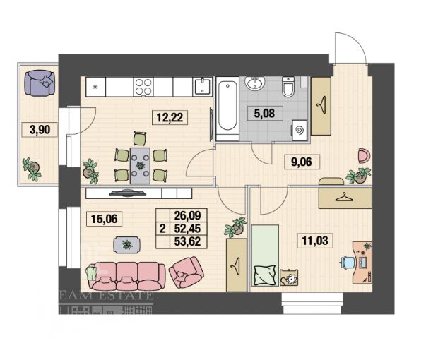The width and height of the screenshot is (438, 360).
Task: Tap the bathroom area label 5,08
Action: tap(265, 111)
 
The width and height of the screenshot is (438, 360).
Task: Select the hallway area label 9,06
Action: tap(305, 162)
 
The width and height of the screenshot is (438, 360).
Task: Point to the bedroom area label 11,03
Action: tap(316, 242)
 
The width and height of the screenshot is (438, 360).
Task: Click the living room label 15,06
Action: tap(102, 218)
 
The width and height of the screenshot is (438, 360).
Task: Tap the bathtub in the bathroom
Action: tap(227, 110)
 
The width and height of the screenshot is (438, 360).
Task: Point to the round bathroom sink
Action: tap(255, 85)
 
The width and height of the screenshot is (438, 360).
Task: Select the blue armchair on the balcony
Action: tap(43, 82)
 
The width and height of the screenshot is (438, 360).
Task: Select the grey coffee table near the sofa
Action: tap(126, 244)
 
